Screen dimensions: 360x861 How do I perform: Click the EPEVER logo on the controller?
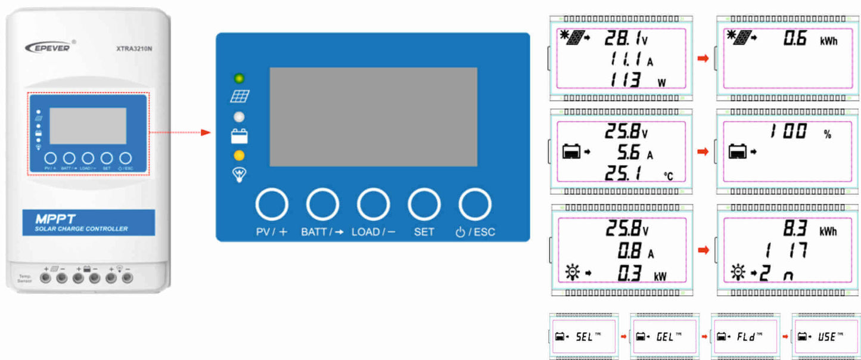click(x=48, y=47)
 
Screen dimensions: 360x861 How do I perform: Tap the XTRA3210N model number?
click(x=134, y=49)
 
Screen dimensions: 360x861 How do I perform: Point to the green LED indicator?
click(x=239, y=78)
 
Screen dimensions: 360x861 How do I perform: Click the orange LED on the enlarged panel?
click(x=239, y=156)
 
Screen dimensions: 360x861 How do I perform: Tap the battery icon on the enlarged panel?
click(x=240, y=136)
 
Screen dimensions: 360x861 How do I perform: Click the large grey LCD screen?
click(x=373, y=117)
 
